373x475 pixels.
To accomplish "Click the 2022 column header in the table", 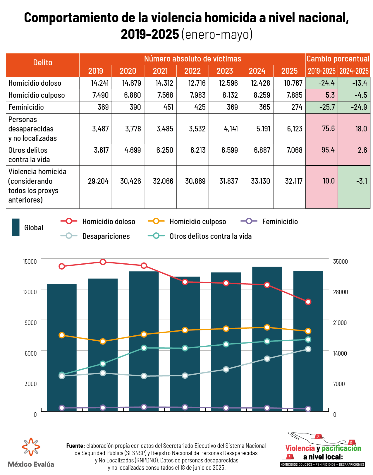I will [x=192, y=71].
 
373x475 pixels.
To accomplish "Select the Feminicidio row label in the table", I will [x=26, y=107].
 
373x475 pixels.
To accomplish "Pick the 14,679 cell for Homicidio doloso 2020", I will [x=131, y=83].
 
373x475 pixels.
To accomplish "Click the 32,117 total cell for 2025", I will [x=294, y=181].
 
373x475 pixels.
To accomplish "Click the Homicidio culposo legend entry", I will [x=197, y=222].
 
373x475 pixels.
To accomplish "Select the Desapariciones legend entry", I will [x=106, y=236].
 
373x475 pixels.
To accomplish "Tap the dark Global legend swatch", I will [x=16, y=227].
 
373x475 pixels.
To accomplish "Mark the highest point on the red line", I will [x=103, y=262].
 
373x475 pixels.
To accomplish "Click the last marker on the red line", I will [x=308, y=302].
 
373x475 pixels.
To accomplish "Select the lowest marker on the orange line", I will [x=103, y=342].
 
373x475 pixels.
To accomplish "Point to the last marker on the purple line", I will [x=308, y=409].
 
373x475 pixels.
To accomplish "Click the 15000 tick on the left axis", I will [x=30, y=261].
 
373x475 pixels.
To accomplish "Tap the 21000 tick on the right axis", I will [x=340, y=323].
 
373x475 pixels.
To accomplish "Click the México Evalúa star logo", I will [x=31, y=447].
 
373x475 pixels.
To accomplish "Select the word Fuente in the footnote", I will [x=75, y=446].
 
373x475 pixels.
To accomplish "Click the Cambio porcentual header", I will [x=338, y=59].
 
